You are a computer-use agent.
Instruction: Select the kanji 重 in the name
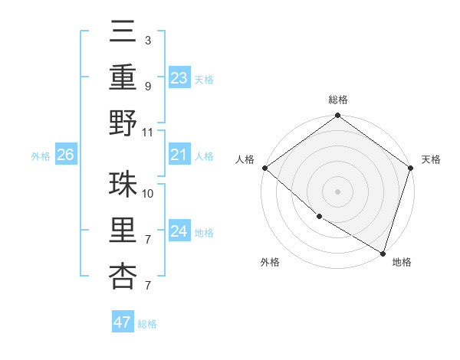pos(123,77)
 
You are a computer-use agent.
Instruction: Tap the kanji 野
pos(123,123)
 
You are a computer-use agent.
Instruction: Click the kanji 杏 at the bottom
pos(123,277)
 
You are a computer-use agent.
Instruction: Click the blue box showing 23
pos(179,78)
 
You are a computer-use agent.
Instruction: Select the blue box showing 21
pos(179,155)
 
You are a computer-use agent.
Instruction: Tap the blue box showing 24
pos(179,231)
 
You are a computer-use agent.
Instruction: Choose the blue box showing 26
pos(65,155)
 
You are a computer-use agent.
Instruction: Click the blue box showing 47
pos(122,322)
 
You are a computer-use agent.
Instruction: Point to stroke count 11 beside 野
pos(148,132)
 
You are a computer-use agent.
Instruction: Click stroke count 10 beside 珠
pos(148,193)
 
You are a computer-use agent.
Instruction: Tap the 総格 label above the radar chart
pos(337,100)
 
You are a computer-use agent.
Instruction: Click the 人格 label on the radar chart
pos(245,159)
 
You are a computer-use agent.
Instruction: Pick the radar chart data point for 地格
pos(383,253)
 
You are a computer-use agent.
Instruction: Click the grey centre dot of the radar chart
pos(337,191)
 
